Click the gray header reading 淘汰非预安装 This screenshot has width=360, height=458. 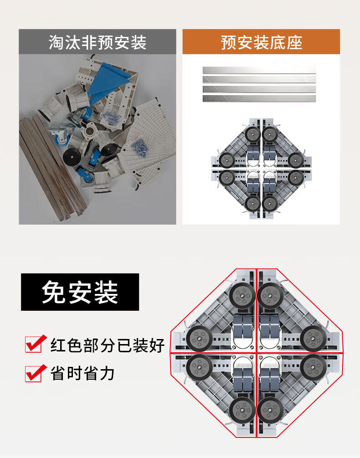[98, 42]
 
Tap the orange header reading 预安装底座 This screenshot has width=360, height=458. [261, 42]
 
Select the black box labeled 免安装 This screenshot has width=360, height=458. [80, 292]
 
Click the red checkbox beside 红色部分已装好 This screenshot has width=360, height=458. [36, 344]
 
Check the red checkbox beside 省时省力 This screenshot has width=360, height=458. [36, 373]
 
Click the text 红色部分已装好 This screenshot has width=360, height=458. [108, 345]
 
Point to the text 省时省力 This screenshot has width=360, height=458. [82, 374]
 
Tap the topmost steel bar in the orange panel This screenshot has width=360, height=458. [259, 70]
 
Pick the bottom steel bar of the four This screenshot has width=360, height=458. [259, 98]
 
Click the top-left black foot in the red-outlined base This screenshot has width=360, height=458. [242, 296]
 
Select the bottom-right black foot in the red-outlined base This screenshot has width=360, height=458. [270, 410]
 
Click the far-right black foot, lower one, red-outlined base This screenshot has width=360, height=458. [313, 367]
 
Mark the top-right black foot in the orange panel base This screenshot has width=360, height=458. [269, 134]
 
